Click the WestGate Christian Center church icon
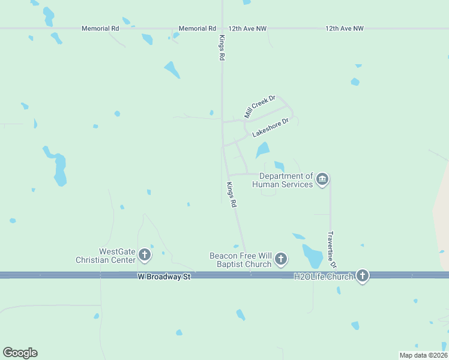pyautogui.click(x=144, y=255)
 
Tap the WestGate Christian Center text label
pyautogui.click(x=106, y=256)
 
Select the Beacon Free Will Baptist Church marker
pyautogui.click(x=280, y=260)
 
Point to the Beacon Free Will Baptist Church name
pyautogui.click(x=240, y=259)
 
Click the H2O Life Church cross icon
pyautogui.click(x=362, y=276)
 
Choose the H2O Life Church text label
pyautogui.click(x=324, y=277)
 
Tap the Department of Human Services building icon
pyautogui.click(x=322, y=179)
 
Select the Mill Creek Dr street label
pyautogui.click(x=259, y=106)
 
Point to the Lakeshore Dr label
pyautogui.click(x=271, y=127)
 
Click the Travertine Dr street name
pyautogui.click(x=332, y=250)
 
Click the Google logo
pyautogui.click(x=20, y=353)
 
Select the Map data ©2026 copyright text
pyautogui.click(x=423, y=355)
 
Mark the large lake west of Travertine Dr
pyautogui.click(x=312, y=256)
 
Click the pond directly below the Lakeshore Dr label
pyautogui.click(x=262, y=149)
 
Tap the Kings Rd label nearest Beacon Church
pyautogui.click(x=232, y=194)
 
